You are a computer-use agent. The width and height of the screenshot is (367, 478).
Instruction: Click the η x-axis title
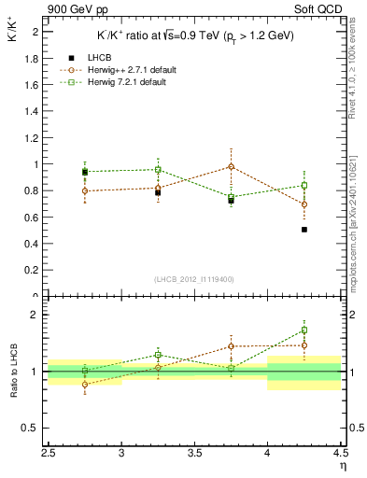[x=342, y=464]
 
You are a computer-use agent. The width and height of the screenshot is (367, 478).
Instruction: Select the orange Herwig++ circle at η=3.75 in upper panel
[x=232, y=166]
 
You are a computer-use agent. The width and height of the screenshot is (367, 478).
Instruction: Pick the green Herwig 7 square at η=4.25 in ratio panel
[x=304, y=330]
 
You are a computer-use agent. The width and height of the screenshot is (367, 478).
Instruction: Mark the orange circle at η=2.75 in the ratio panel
[x=85, y=384]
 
